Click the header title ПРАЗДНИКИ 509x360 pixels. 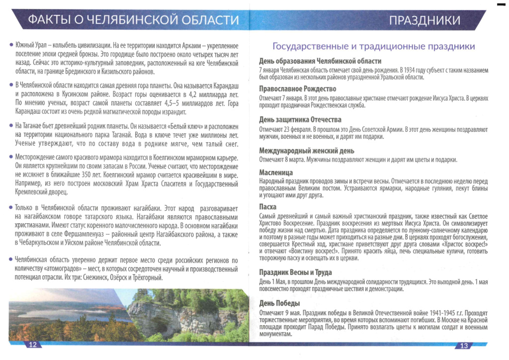click(x=424, y=20)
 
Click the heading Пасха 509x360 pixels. click(x=268, y=207)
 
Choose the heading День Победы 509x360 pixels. click(x=279, y=303)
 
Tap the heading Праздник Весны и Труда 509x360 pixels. click(x=295, y=272)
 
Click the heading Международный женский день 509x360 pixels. click(x=307, y=151)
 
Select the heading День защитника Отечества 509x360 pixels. click(x=300, y=120)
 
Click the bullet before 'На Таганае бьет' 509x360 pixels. click(x=11, y=125)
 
